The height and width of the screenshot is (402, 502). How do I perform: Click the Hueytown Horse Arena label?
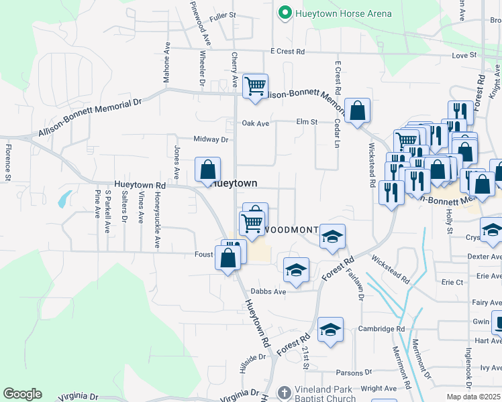point(334,13)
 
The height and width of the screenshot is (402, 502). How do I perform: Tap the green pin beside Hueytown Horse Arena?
point(285,13)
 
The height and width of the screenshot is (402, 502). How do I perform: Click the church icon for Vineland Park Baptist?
point(285,392)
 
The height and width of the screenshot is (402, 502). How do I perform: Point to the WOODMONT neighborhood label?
point(290,230)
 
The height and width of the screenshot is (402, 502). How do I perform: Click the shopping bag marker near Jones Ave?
point(207,169)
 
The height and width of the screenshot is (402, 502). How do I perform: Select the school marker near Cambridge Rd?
point(330,330)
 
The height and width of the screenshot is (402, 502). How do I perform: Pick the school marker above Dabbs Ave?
point(296,270)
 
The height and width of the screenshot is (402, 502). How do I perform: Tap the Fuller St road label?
point(223,15)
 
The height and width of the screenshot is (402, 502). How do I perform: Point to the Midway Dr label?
point(211,139)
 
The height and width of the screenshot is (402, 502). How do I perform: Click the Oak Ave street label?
point(255,123)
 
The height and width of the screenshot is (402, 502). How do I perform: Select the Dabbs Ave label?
point(268,291)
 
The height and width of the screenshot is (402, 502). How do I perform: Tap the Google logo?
point(22,394)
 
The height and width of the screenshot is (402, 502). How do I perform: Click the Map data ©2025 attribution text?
point(474,397)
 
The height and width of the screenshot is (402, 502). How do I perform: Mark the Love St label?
point(464,55)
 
